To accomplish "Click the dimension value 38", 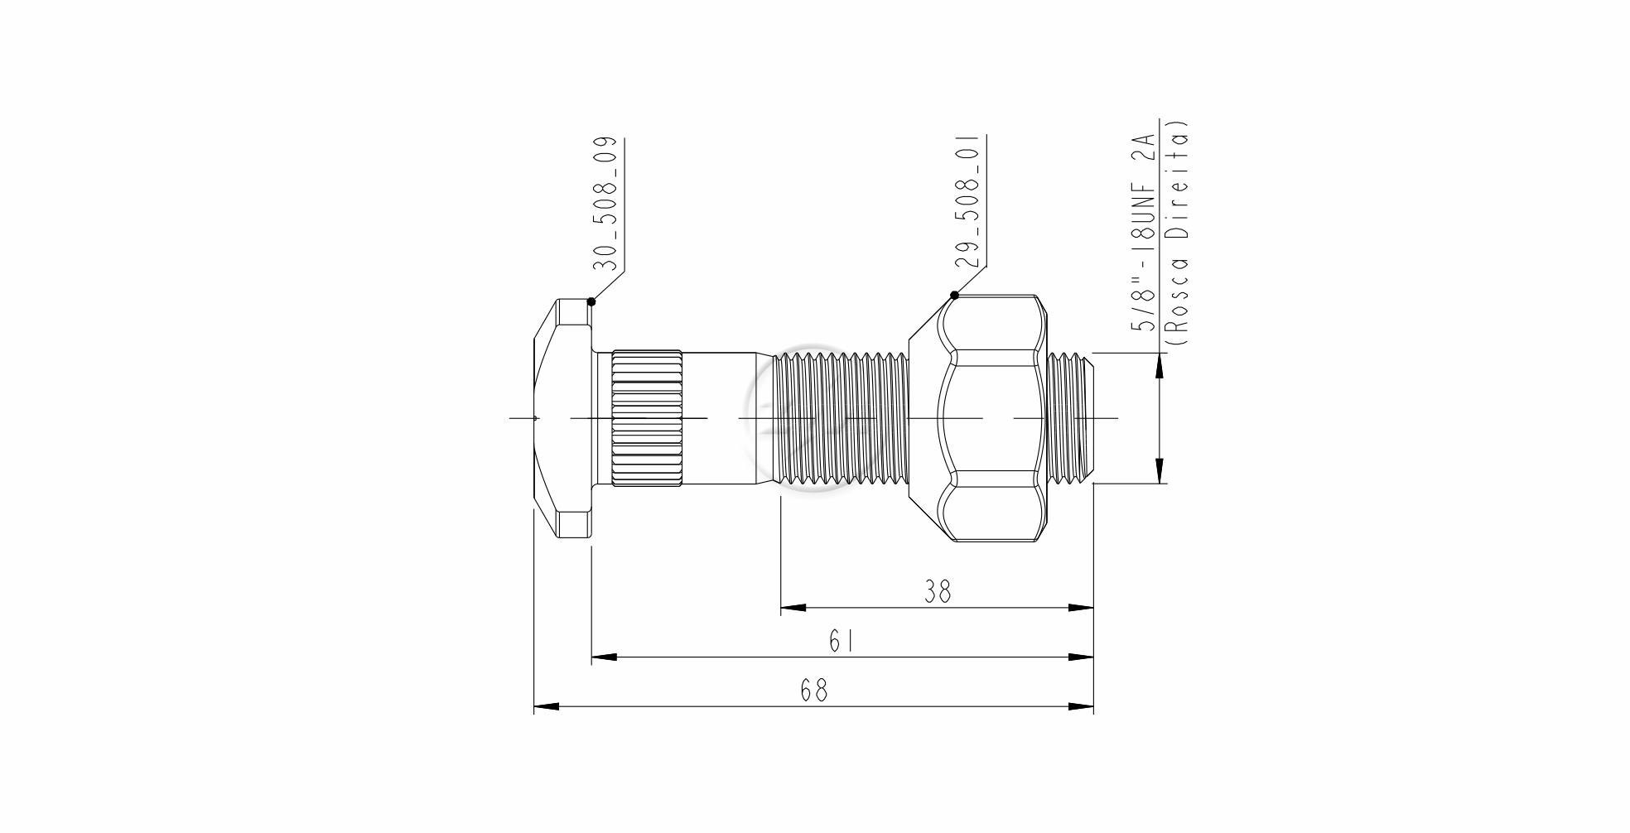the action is pos(938,591).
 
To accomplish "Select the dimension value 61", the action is pos(841,641).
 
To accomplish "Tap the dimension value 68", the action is pos(814,691).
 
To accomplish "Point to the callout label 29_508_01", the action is pos(967,201).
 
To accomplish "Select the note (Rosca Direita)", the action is pos(1177,234).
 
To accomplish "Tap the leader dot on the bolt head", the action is pos(591,301).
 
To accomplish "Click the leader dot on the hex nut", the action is pos(954,295).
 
